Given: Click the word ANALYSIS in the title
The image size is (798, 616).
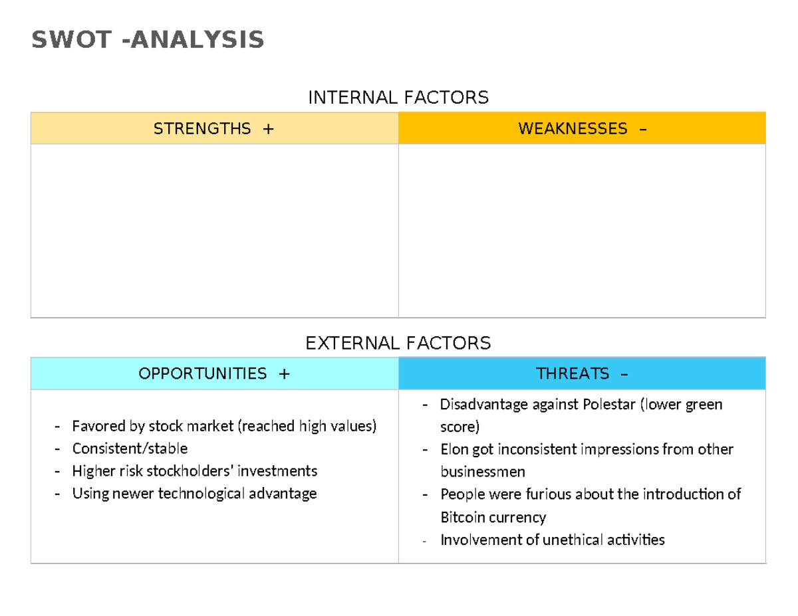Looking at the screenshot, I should coord(198,41).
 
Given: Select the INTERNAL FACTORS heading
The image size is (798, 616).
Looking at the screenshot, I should coord(398,98).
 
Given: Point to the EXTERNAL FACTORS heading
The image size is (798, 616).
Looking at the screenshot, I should coord(398,343).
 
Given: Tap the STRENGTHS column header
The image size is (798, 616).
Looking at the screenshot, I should coord(202,128).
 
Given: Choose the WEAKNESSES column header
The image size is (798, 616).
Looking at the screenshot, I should coord(573,128).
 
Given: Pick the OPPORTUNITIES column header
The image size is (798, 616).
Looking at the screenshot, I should coord(203,373).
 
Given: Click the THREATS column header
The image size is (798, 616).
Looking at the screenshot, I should coord(573,373).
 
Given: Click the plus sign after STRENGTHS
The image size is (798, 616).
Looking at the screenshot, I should coord(267,128).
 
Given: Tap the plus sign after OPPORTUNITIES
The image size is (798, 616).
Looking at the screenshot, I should coord(284,373).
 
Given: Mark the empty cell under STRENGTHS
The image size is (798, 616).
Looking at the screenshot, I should coord(214,231).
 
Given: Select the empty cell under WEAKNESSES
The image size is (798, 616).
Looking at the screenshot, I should coord(582,231).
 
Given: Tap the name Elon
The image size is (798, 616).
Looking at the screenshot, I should coord(454,449).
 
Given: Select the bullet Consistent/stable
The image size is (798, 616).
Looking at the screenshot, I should coord(130,449).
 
